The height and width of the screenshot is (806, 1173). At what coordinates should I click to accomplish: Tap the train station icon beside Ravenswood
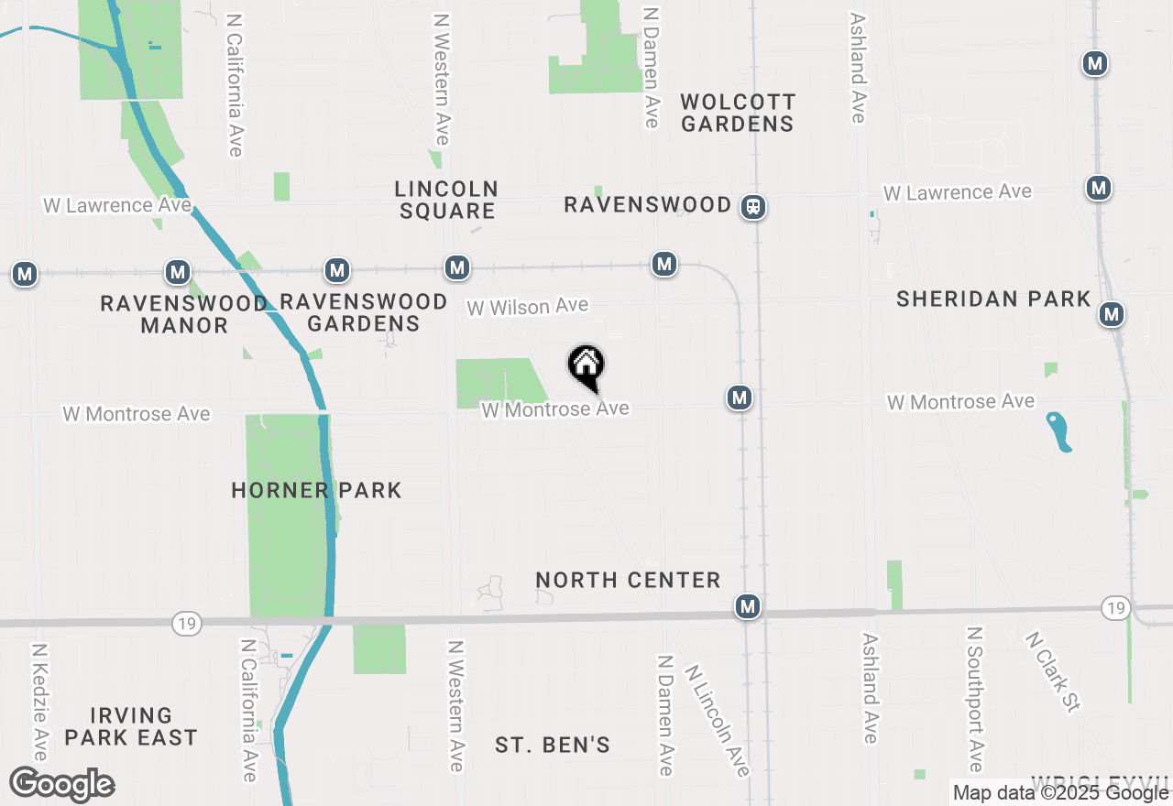[753, 207]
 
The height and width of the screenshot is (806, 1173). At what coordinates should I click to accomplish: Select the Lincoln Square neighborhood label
[446, 200]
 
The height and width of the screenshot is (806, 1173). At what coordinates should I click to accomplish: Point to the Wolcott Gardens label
[738, 113]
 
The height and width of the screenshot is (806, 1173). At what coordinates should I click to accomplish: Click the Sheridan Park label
[993, 300]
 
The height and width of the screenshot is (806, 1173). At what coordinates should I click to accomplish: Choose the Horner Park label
[316, 491]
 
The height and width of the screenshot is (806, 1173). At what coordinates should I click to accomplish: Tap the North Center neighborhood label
[628, 581]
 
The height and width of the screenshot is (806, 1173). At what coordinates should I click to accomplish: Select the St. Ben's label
[553, 746]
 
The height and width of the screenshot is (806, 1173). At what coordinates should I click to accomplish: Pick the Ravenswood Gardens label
[364, 312]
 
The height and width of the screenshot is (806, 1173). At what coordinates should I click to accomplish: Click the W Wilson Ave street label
[528, 307]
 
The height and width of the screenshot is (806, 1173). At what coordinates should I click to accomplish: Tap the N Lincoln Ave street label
[717, 721]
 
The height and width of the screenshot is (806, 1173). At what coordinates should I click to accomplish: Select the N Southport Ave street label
[976, 700]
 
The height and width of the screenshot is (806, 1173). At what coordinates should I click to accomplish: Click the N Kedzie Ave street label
[39, 702]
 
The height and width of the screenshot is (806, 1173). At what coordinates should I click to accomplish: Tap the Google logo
[61, 785]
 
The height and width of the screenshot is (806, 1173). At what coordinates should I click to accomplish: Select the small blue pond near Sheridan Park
[1059, 431]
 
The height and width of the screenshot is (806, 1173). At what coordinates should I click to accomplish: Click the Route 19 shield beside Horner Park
[186, 623]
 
